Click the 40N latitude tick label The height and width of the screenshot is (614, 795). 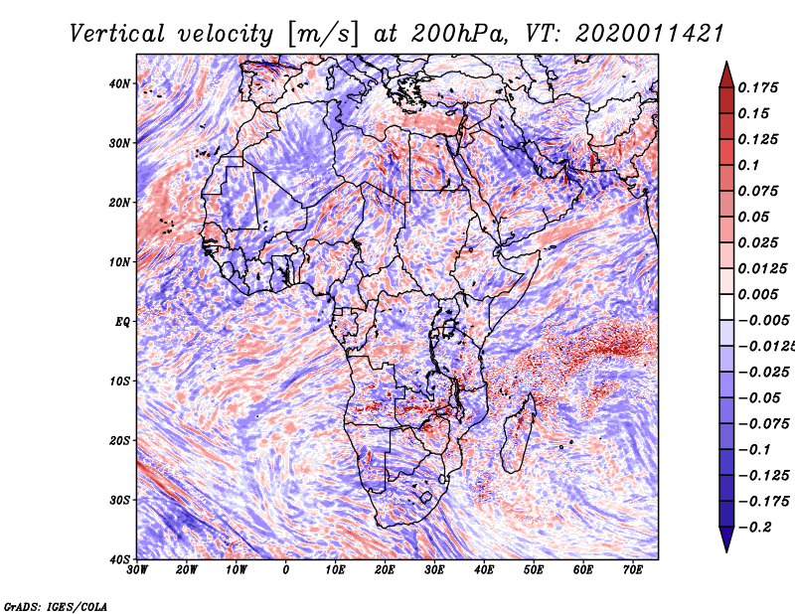tap(119, 83)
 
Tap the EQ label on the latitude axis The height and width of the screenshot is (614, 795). tap(122, 322)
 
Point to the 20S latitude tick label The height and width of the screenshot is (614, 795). tap(119, 440)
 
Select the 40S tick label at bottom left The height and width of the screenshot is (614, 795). tap(119, 559)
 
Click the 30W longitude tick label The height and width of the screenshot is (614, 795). tap(137, 570)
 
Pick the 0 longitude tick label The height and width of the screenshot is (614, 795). tap(286, 570)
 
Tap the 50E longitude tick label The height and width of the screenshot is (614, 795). tap(534, 570)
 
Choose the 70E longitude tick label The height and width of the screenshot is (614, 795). tap(633, 570)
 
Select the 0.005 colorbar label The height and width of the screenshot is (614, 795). tap(758, 294)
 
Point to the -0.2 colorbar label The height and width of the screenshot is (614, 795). tap(754, 528)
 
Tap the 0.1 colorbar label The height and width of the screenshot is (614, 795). tap(748, 165)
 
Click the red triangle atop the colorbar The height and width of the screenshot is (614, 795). tap(726, 76)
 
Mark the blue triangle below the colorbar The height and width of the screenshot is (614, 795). tap(726, 538)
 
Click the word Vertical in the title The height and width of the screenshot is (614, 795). tap(117, 34)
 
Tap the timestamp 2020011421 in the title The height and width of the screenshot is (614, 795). tap(649, 34)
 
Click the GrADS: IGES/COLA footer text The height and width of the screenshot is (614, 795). tap(56, 606)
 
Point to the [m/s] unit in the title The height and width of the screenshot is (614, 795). tap(323, 34)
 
